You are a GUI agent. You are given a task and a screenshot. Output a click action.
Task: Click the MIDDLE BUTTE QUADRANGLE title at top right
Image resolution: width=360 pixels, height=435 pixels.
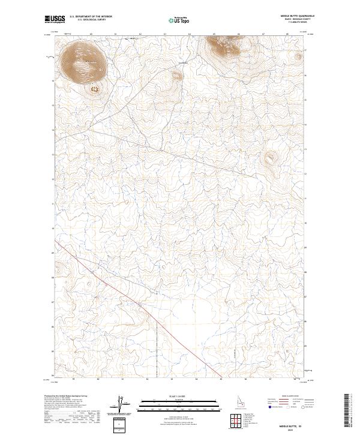coord(298,16)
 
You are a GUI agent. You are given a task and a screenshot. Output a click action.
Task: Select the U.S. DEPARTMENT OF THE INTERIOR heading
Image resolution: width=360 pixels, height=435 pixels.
coord(91,16)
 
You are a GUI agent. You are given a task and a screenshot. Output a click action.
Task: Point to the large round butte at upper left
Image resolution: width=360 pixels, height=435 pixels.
coord(83,61)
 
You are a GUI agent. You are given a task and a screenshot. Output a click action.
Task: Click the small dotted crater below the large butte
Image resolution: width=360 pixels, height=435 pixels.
coord(94,89)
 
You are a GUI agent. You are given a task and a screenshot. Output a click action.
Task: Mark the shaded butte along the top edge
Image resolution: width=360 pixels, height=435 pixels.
coord(226,45)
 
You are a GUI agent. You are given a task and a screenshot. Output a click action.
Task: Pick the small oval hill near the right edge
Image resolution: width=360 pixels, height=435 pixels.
coord(271,159)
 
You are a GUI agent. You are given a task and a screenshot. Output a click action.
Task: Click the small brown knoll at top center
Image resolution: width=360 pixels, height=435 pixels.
coord(176,76)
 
